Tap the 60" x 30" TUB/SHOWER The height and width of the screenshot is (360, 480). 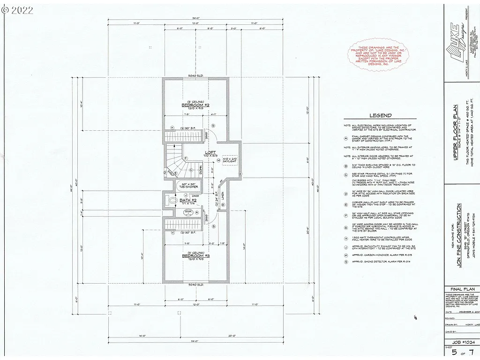pyautogui.click(x=188, y=185)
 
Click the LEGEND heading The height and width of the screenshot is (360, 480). pyautogui.click(x=380, y=115)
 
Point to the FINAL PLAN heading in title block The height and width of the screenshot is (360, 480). pyautogui.click(x=461, y=289)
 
